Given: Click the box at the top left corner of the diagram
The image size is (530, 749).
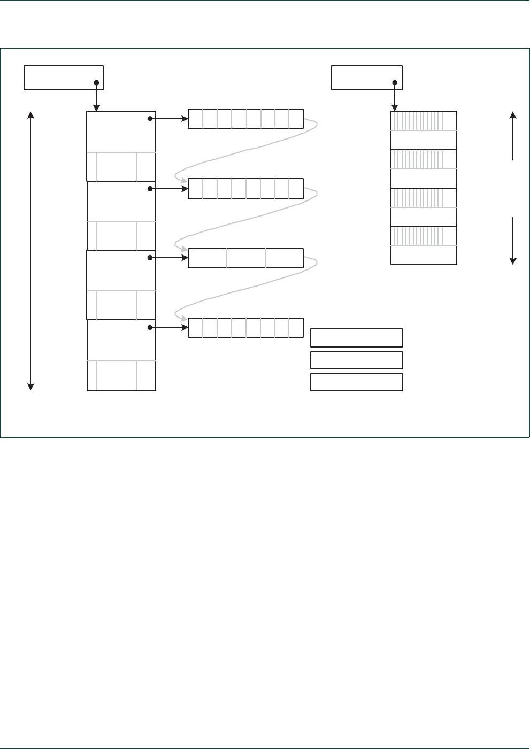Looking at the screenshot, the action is tap(63, 78).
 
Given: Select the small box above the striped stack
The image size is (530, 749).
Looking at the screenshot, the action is tap(366, 78).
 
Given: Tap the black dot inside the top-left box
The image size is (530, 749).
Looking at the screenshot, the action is tap(96, 83).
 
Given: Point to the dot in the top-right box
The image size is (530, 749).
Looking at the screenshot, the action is tap(395, 83).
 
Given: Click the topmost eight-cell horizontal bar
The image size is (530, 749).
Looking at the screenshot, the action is tap(245, 119).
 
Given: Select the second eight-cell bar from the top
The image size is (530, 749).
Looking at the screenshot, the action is tap(245, 189).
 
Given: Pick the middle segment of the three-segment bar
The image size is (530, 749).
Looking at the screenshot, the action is tap(246, 258).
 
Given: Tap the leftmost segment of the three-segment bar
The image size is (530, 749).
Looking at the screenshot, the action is tap(208, 258).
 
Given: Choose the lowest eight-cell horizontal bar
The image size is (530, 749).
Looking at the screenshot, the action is tap(245, 328).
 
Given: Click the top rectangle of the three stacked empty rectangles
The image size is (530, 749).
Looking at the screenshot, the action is tap(356, 338).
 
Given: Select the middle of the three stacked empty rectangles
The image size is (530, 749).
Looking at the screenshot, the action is tap(356, 360).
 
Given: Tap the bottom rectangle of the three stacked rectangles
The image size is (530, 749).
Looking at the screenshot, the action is tap(356, 382).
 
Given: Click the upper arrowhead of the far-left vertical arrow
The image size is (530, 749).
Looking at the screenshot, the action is tap(31, 115).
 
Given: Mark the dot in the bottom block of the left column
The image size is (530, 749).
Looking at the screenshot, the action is tap(150, 327).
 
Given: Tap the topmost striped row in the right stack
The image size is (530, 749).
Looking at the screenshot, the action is tap(424, 121).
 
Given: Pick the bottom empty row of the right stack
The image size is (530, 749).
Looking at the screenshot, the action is tap(424, 255).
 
